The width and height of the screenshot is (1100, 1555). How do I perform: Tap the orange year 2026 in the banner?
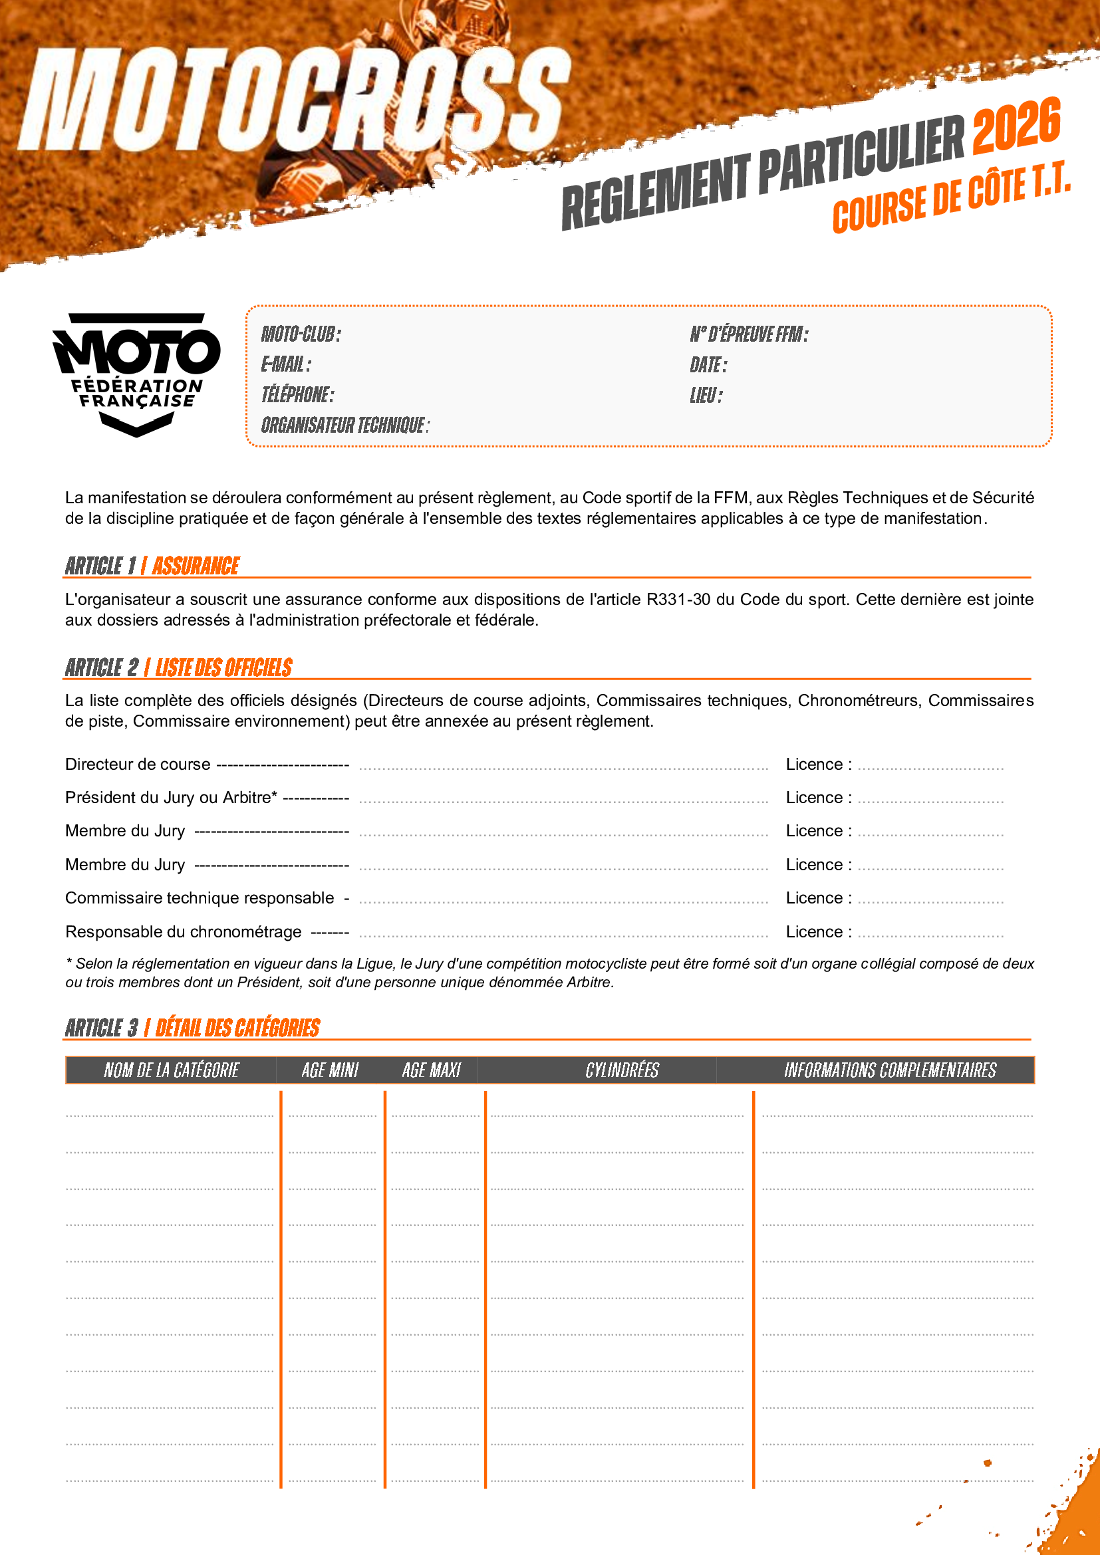1016,125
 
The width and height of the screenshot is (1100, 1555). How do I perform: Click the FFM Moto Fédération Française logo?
136,374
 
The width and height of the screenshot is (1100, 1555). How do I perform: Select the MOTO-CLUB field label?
301,334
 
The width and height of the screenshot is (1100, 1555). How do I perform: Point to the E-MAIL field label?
287,364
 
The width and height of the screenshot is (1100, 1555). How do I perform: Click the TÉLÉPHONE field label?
298,395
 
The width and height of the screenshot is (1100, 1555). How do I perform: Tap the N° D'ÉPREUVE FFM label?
748,334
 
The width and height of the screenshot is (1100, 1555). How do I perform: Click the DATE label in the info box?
708,365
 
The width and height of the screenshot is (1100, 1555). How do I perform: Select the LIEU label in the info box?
706,396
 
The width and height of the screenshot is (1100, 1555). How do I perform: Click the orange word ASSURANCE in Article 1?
196,566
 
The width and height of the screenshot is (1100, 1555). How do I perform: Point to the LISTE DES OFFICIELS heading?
224,667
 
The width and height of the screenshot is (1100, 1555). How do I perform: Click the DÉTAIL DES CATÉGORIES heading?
237,1028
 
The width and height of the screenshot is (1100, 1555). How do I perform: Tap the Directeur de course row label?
138,765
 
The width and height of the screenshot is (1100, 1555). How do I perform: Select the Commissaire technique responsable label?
200,898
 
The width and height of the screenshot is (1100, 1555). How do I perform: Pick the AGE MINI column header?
330,1070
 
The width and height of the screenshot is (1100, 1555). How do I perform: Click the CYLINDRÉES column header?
622,1070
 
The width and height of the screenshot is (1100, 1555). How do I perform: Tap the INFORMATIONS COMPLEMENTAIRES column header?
890,1070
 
